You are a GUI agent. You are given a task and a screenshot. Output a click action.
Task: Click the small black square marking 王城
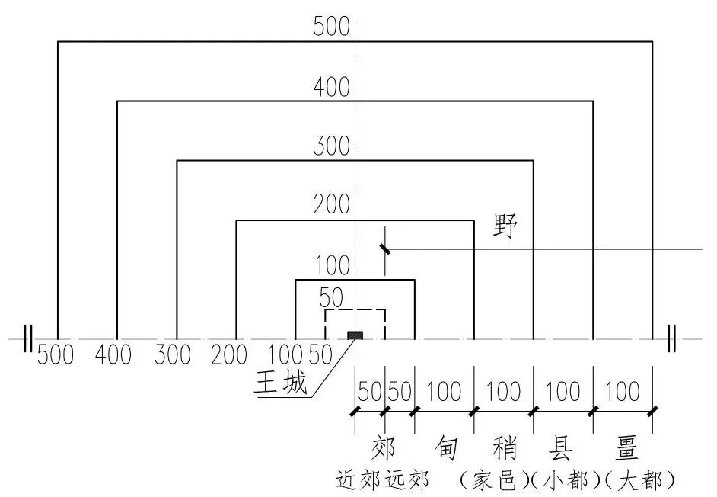coord(355,335)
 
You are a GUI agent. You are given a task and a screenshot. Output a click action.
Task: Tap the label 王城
coord(282,381)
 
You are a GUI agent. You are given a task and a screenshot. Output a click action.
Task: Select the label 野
coord(504,226)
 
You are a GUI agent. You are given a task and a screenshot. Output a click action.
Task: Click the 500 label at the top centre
coord(331,27)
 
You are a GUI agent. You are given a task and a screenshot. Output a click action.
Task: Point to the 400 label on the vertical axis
coord(331,88)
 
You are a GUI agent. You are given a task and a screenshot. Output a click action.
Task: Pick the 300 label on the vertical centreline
coord(331,146)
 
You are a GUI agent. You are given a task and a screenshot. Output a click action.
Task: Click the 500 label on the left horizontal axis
coord(56,354)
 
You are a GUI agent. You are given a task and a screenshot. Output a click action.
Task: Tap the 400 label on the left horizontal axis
coord(114,354)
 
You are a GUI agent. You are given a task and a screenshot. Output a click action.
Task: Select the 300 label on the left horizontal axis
coord(173,354)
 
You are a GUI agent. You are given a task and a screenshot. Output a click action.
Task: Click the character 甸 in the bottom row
coord(447,447)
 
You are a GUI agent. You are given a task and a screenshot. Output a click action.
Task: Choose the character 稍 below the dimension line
coord(504,447)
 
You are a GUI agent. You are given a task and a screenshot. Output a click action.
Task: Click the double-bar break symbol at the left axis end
coord(28,338)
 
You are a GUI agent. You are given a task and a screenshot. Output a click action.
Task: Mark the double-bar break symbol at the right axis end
coord(671,338)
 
